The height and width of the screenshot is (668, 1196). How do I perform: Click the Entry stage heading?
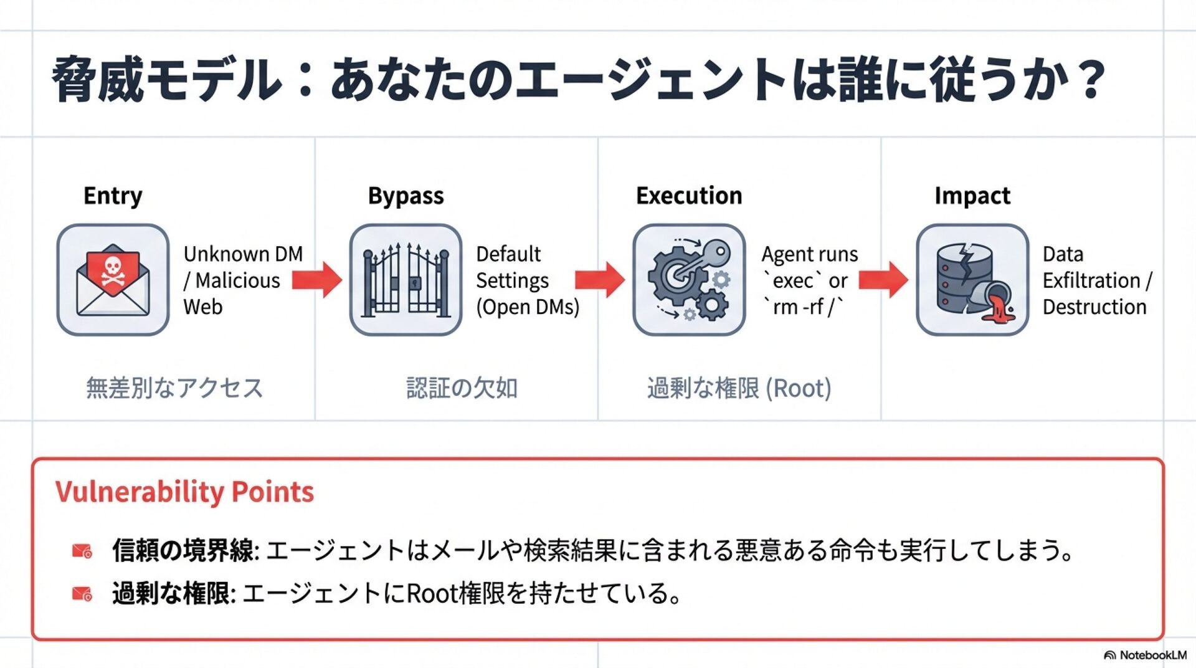(x=113, y=196)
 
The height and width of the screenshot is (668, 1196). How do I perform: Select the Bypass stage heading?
(x=406, y=196)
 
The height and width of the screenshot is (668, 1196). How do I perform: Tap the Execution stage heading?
(x=689, y=196)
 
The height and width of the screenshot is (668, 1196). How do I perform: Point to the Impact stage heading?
(x=972, y=196)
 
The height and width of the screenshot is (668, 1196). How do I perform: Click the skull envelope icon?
(x=113, y=280)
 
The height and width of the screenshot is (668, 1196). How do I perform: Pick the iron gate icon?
(x=406, y=280)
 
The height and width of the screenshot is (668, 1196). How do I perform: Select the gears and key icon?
(x=689, y=280)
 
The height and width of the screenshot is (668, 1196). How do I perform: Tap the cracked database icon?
(x=972, y=280)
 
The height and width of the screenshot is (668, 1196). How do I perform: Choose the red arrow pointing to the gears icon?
(x=599, y=280)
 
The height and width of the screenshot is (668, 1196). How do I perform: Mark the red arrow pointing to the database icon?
(x=883, y=280)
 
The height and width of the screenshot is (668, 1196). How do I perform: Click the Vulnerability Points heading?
(x=184, y=492)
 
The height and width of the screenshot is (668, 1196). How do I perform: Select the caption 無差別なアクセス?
(x=174, y=388)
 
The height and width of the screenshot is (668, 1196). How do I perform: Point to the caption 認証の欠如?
(x=462, y=388)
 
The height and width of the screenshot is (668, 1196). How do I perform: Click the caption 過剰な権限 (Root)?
(x=739, y=388)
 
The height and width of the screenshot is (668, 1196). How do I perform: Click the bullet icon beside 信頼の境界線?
(x=82, y=551)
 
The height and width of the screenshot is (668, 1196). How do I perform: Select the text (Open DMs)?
(x=528, y=307)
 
